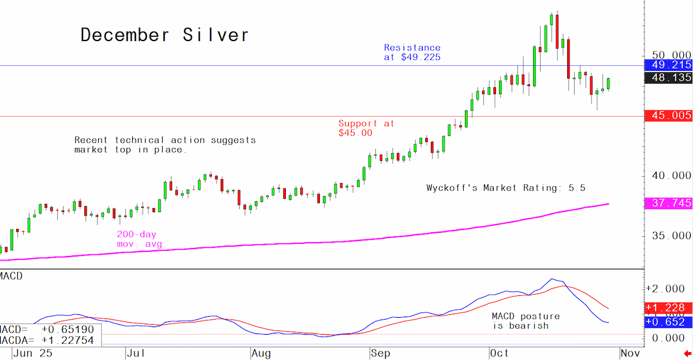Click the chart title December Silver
click(x=164, y=35)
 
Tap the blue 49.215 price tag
click(x=669, y=65)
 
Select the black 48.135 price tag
click(x=669, y=77)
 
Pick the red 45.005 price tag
click(x=669, y=116)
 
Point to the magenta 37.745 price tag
click(x=669, y=203)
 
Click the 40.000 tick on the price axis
click(x=671, y=176)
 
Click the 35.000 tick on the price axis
click(x=671, y=236)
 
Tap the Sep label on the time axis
click(x=381, y=354)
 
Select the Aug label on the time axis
click(x=261, y=354)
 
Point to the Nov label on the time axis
click(x=630, y=353)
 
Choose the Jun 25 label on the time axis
click(x=33, y=353)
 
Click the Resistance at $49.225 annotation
click(x=412, y=53)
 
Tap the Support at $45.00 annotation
click(x=366, y=128)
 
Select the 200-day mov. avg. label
click(x=141, y=239)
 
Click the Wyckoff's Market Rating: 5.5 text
click(x=506, y=188)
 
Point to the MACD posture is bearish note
click(x=526, y=321)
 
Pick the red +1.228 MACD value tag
click(x=669, y=308)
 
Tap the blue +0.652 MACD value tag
click(x=669, y=322)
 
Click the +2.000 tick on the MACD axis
click(x=669, y=289)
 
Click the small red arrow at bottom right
click(x=688, y=354)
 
